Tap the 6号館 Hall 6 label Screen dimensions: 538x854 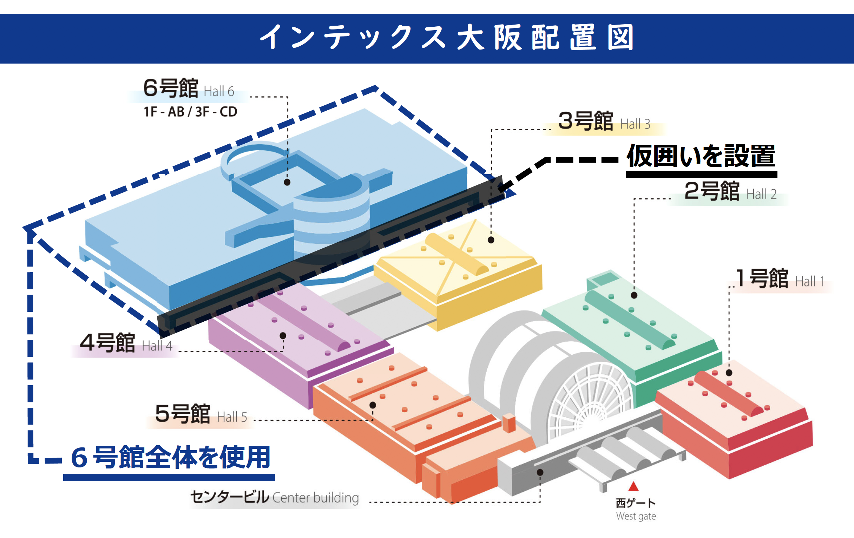tap(188, 88)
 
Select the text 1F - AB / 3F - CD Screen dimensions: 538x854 tap(190, 112)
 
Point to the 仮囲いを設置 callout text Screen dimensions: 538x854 tap(701, 157)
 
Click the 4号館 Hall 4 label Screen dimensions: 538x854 tap(126, 343)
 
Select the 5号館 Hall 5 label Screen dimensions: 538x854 tap(201, 414)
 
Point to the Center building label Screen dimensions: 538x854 tap(275, 498)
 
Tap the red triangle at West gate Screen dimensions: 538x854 tap(633, 487)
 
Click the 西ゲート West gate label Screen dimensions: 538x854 tap(636, 509)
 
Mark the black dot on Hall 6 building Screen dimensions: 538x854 tap(287, 182)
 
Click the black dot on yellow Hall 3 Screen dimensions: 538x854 tap(491, 240)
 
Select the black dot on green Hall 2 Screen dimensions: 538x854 tap(634, 295)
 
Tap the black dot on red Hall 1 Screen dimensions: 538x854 tap(729, 373)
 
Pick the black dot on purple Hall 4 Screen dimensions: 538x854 tap(283, 335)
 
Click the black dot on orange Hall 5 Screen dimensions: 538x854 tap(372, 405)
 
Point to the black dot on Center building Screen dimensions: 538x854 tap(540, 472)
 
